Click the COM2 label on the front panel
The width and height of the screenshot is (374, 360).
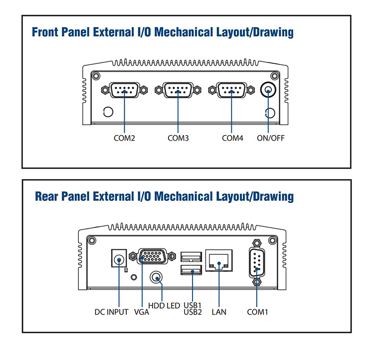125,138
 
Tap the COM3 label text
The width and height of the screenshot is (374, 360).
178,138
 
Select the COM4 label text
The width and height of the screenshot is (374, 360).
232,138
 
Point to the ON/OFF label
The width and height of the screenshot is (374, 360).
271,138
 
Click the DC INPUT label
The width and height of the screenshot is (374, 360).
112,312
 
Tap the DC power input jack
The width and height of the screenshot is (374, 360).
119,260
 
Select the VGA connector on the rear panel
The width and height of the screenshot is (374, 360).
153,257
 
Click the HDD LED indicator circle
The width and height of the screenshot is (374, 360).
157,277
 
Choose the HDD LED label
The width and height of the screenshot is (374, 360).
164,305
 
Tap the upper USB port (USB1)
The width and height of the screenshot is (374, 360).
192,257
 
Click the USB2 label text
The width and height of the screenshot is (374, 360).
192,313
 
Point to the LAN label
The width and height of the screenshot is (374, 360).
219,312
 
